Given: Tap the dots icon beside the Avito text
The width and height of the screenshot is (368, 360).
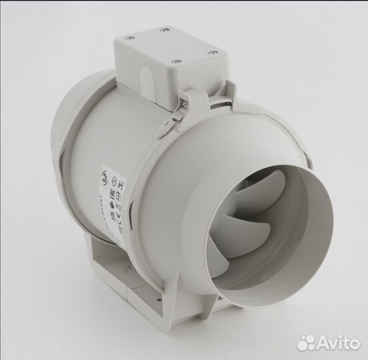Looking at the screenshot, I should tap(307, 342).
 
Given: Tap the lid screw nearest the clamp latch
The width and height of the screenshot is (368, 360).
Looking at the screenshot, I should tap(176, 62).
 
